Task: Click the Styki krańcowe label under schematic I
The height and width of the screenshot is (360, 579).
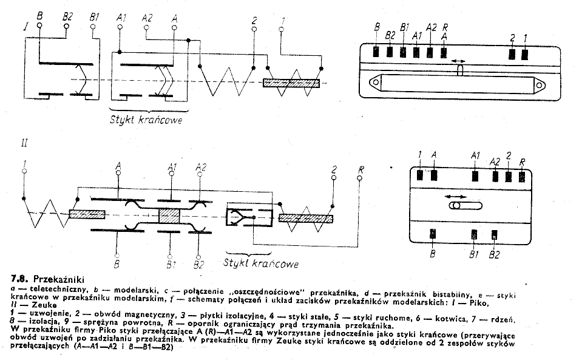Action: pos(146,119)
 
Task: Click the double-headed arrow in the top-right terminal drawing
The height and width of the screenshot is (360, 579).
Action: pos(459,62)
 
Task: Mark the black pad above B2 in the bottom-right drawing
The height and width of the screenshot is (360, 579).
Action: pos(495,234)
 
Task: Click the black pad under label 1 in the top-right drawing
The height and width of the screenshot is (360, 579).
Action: pos(524,53)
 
